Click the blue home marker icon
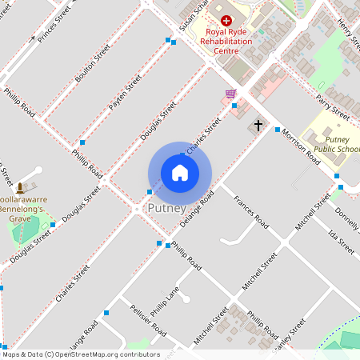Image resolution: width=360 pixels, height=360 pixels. tap(180, 173)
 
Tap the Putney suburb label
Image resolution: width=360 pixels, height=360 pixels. tap(166, 208)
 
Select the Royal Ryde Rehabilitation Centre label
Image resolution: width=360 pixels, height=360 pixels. tap(226, 40)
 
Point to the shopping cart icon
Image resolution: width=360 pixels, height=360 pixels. tap(230, 94)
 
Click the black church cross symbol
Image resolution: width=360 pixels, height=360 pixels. tap(258, 126)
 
